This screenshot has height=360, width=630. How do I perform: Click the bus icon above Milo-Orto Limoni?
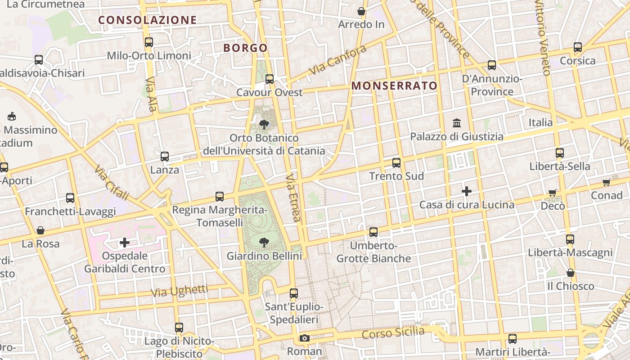(x=149, y=42)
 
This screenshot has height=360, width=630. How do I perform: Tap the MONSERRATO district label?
(x=394, y=86)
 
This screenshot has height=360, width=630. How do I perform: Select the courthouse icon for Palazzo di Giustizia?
(x=457, y=122)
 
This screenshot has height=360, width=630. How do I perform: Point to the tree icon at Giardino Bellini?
(x=264, y=243)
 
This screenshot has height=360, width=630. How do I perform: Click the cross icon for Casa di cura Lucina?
(x=467, y=191)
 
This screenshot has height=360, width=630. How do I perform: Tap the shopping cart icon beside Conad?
(x=606, y=182)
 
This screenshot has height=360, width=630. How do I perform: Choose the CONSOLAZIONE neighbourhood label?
(x=148, y=20)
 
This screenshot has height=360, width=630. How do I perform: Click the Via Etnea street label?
(x=292, y=198)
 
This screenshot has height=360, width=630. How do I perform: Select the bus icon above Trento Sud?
(x=396, y=163)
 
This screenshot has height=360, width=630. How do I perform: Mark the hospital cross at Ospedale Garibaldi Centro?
(x=125, y=243)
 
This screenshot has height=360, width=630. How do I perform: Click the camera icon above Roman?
(x=304, y=338)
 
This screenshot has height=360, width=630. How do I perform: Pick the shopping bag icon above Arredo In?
(x=361, y=11)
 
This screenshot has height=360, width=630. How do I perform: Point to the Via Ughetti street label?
(x=179, y=291)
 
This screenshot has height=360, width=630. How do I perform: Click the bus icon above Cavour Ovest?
(x=270, y=79)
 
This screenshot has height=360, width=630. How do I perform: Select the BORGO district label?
(x=245, y=48)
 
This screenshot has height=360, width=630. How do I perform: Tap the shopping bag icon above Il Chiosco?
(x=571, y=273)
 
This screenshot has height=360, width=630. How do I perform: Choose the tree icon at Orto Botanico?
(x=264, y=124)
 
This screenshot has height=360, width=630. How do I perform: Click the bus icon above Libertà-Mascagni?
(x=570, y=239)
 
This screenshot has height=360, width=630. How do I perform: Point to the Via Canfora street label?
(x=337, y=60)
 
